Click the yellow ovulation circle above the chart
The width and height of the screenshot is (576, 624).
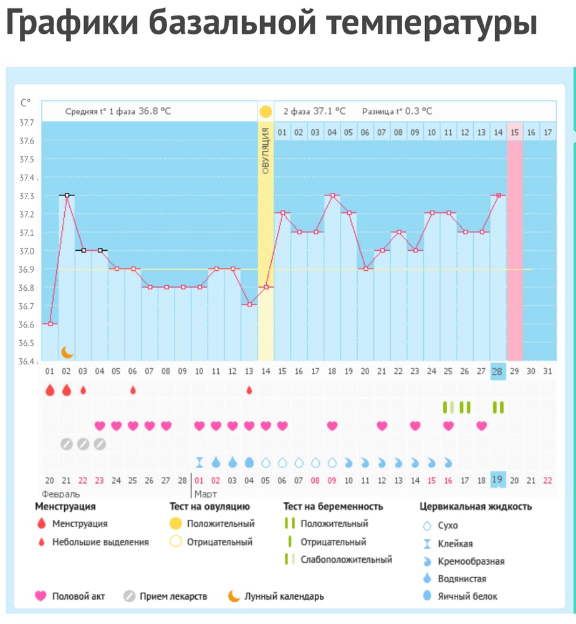[x=266, y=112]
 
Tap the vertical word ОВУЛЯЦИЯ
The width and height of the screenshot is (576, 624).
[x=266, y=150]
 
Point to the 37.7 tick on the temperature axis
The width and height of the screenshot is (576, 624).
[x=26, y=123]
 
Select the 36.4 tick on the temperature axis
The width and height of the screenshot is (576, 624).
[x=26, y=361]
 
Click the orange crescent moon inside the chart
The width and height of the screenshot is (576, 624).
[x=67, y=352]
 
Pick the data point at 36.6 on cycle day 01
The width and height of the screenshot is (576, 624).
[x=50, y=324]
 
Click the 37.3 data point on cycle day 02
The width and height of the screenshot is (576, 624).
[x=67, y=195]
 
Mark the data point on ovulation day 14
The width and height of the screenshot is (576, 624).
[x=266, y=287]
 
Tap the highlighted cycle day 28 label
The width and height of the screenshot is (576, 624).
[x=498, y=371]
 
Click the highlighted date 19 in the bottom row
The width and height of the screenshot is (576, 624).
[x=498, y=479]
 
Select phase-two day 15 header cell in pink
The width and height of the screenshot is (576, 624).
[x=514, y=132]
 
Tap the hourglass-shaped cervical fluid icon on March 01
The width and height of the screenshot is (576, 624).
[x=199, y=462]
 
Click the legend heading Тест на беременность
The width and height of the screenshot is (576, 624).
[x=333, y=506]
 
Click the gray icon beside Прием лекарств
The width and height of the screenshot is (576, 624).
[x=129, y=596]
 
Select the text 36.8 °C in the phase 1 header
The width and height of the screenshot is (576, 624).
[x=155, y=112]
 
